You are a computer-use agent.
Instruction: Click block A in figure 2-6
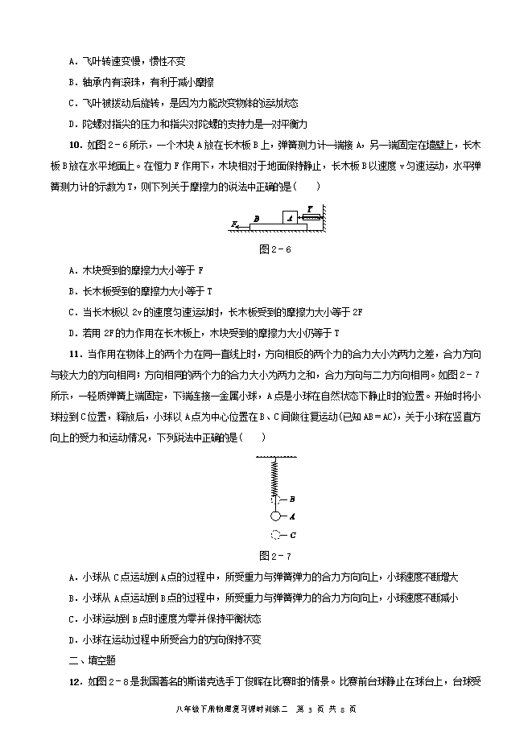coord(290,216)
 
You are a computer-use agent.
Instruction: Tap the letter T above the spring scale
coord(310,207)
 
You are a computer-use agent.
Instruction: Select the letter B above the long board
coord(255,217)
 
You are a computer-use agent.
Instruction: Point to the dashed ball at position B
coord(274,499)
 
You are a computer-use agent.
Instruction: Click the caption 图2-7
coord(274,555)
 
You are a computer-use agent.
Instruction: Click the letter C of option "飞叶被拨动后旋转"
coord(73,103)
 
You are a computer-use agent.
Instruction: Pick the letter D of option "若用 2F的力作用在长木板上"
coord(73,332)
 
